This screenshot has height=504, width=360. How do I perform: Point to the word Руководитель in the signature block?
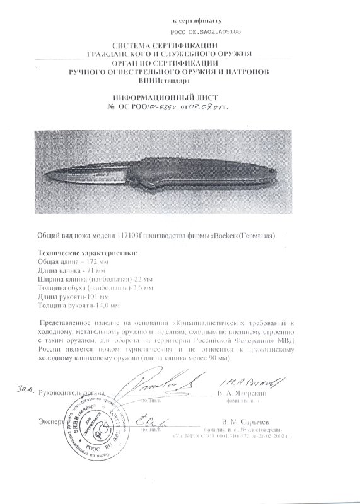[x=61, y=394]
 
